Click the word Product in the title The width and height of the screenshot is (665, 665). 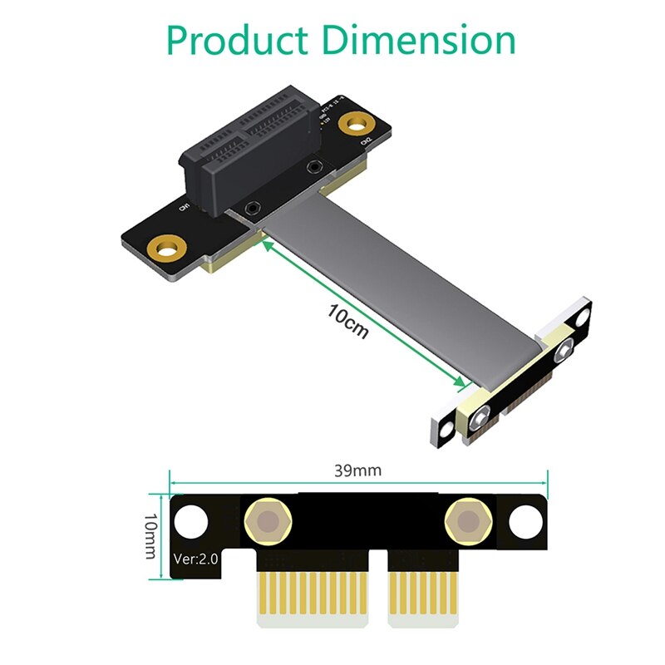pyautogui.click(x=238, y=39)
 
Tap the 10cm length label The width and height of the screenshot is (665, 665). pyautogui.click(x=348, y=323)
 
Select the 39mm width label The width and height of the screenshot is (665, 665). pyautogui.click(x=357, y=470)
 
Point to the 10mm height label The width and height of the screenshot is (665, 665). pyautogui.click(x=150, y=535)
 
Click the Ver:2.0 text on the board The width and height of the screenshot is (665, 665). pyautogui.click(x=196, y=559)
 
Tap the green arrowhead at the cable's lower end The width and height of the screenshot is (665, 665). pyautogui.click(x=461, y=382)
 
